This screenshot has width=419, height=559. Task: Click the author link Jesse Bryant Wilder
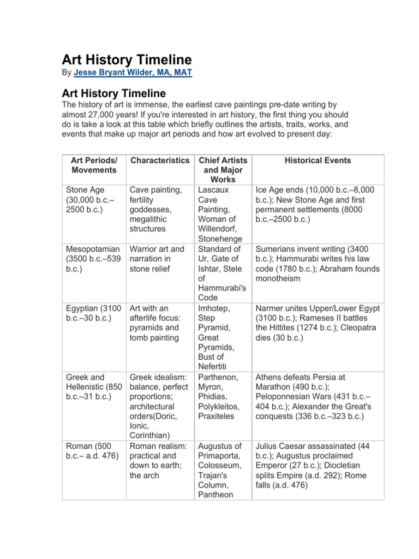tap(133, 72)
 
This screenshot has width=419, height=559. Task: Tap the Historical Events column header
tap(318, 160)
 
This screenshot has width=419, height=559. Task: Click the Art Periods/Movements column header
tap(94, 165)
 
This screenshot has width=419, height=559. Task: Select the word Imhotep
tap(214, 308)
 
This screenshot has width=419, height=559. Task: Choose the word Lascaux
tap(214, 190)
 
